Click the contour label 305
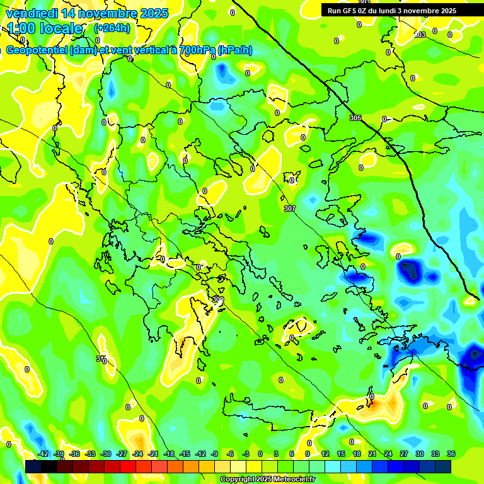click(x=355, y=118)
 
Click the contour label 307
click(x=290, y=208)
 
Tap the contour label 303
click(x=420, y=35)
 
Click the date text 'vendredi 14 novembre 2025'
click(x=87, y=13)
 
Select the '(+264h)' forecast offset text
click(x=112, y=28)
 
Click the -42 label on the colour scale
click(x=43, y=454)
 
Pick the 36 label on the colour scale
click(x=451, y=454)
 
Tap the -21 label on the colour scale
click(x=153, y=454)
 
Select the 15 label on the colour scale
click(x=341, y=454)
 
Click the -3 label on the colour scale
click(x=246, y=454)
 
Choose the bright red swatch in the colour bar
click(x=128, y=466)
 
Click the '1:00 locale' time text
click(x=45, y=28)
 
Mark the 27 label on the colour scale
click(x=404, y=454)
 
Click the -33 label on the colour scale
click(x=90, y=454)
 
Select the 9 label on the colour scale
click(x=308, y=454)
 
